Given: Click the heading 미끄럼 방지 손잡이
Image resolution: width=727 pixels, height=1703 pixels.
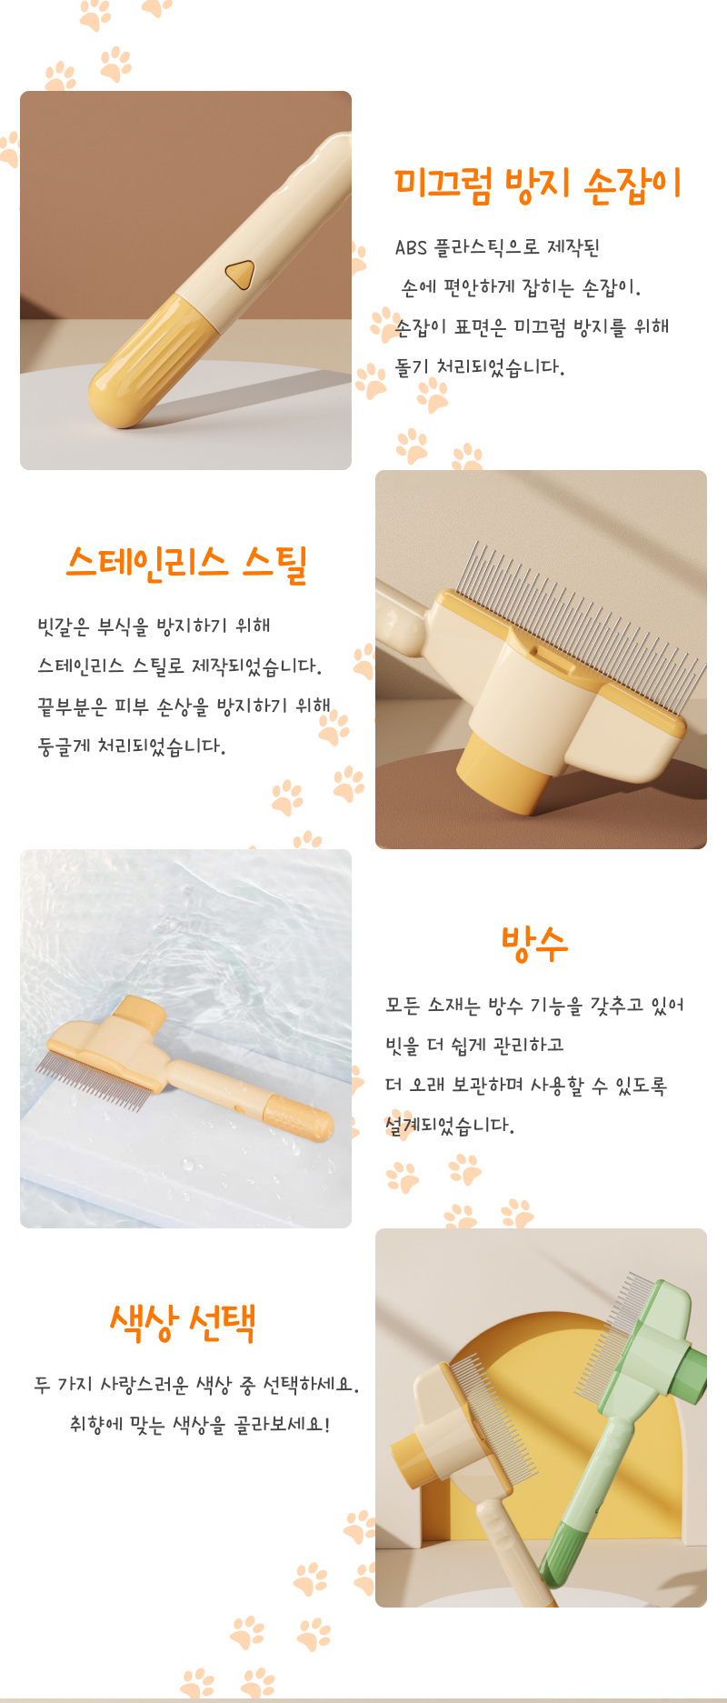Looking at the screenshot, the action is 538,185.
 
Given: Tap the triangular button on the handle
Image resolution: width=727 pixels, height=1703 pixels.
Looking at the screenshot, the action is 240,273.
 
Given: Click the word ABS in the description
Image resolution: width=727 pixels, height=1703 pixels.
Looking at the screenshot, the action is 411,247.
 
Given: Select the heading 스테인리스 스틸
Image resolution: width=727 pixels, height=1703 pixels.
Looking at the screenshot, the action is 187,565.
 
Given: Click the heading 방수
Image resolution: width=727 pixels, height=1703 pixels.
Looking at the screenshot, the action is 534,944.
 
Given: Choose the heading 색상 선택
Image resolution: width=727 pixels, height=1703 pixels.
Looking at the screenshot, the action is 183,1323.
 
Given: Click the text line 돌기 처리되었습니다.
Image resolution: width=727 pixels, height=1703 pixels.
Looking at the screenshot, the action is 480,367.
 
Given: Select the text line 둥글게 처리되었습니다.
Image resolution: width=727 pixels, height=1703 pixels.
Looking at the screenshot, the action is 132,746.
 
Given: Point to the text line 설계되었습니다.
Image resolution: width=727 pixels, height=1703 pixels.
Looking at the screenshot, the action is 450,1126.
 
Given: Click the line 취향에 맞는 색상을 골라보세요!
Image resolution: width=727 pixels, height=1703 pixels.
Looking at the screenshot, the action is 200,1425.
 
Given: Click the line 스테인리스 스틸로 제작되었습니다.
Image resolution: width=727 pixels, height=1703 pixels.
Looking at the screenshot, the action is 180,666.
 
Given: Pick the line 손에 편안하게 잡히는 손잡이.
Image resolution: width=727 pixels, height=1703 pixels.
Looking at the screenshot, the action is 522,288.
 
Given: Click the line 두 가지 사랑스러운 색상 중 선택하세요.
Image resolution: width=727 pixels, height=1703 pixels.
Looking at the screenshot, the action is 197,1385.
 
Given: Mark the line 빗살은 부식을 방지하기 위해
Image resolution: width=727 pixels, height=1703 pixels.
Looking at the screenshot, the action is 154,626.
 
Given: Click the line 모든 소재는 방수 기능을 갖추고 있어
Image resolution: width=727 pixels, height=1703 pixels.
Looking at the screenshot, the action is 534,1006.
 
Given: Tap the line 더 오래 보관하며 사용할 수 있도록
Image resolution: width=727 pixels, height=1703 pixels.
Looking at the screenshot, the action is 526,1086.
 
